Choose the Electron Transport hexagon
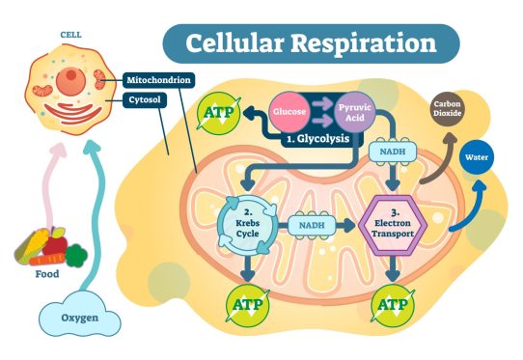393,224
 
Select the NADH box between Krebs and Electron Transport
313,224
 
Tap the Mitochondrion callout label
161,80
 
